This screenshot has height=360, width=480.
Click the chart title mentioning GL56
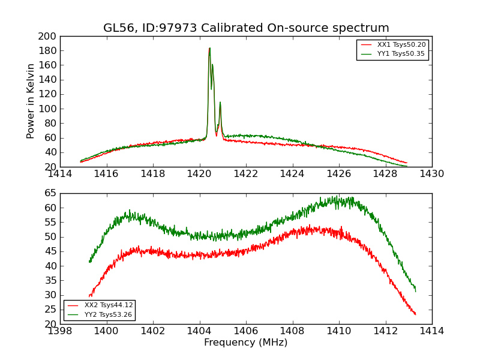(x=246, y=28)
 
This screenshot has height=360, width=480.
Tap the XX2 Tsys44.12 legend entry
(x=109, y=305)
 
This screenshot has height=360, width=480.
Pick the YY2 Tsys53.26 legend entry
(x=109, y=314)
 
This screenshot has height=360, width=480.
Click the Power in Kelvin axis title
(x=31, y=101)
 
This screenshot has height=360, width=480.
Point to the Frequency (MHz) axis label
(x=246, y=343)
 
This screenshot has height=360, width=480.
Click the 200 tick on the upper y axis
(x=49, y=36)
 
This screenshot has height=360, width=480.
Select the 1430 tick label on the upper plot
(x=431, y=174)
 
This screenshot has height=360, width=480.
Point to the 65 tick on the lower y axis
(x=51, y=193)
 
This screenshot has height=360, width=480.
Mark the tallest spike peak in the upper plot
(x=209, y=49)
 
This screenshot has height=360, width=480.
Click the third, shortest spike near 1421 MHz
(x=220, y=103)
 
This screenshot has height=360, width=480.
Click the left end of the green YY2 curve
(x=89, y=262)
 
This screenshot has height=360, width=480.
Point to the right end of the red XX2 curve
(x=415, y=314)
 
